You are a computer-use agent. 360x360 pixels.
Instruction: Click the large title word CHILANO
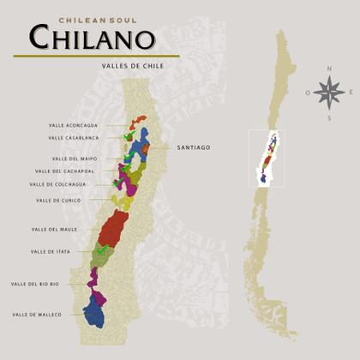pos(93,38)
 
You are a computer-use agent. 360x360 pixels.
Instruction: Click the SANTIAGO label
pos(194,147)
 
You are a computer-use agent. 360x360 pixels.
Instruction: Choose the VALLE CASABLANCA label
pos(74,137)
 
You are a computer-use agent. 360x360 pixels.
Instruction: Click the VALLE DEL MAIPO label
pos(75,159)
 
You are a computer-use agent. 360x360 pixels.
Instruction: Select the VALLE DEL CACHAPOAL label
pos(70,171)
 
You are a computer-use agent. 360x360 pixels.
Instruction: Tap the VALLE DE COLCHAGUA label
pos(58,183)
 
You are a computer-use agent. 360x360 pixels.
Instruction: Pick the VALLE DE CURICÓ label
pos(58,200)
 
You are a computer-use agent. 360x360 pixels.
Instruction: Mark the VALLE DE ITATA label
pos(50,252)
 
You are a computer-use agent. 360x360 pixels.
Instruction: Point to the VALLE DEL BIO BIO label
pos(35,284)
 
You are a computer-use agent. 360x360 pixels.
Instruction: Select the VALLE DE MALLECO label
pos(37,315)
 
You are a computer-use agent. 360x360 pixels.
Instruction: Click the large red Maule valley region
pos(113,229)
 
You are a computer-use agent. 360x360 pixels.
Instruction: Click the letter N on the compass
pos(328,68)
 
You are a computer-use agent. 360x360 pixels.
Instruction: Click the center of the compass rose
pos(328,90)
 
